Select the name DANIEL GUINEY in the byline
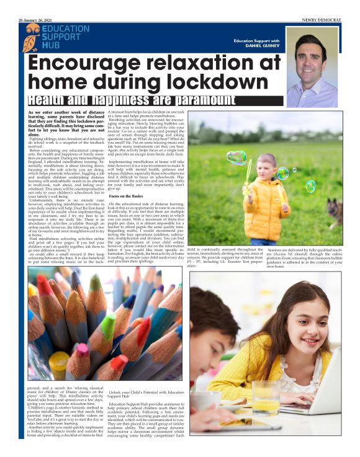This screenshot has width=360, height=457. coord(259,46)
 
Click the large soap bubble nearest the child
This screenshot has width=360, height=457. coord(236,158)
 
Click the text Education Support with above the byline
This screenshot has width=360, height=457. coord(256,40)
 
